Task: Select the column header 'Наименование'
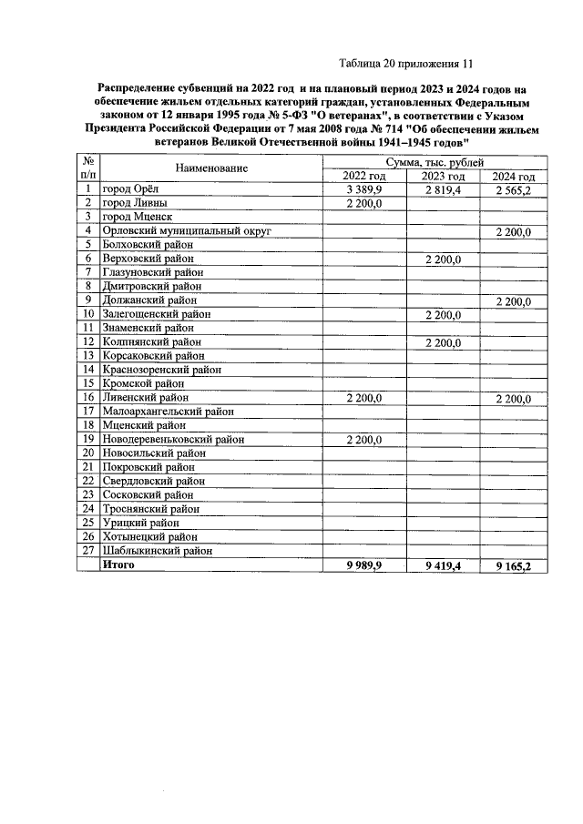click(212, 168)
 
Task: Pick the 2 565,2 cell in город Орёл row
click(512, 189)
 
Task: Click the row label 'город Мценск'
click(137, 217)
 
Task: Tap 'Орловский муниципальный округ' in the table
click(187, 231)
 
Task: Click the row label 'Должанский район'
click(149, 300)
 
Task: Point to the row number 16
click(88, 397)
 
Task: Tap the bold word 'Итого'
click(118, 565)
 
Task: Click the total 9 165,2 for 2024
click(512, 565)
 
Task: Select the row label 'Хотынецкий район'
click(152, 536)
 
